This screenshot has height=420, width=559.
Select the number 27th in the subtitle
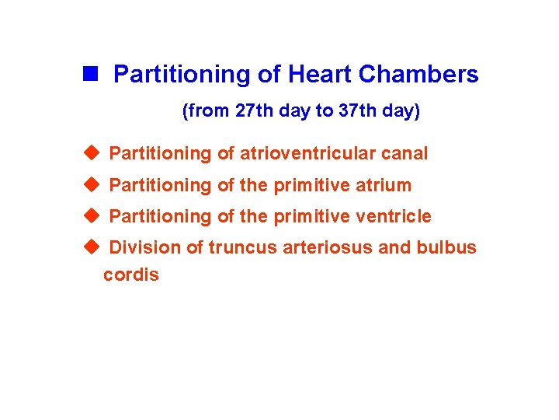tap(253, 111)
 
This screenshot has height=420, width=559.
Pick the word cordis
tap(131, 275)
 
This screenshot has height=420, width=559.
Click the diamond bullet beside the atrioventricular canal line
tap(92, 153)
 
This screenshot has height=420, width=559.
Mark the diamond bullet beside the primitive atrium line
tap(92, 184)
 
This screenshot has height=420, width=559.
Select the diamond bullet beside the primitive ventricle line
tap(92, 215)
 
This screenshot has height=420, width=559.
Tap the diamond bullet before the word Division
tap(92, 247)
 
